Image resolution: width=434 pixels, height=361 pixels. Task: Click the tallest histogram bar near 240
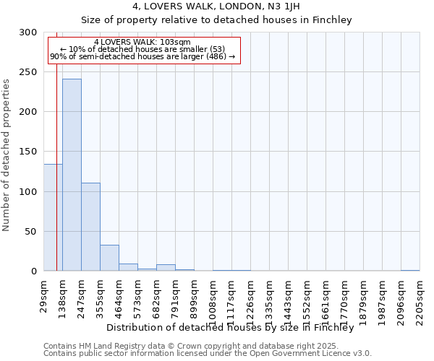[x=72, y=175]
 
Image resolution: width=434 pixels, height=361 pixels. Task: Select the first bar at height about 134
[x=53, y=217]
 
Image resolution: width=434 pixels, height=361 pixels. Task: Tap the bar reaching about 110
[x=90, y=227]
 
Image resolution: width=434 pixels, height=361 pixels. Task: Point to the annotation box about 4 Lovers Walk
[x=142, y=49]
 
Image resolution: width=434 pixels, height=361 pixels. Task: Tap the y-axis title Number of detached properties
[x=7, y=155]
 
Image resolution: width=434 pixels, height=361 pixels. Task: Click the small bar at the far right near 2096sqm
[x=410, y=270]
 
